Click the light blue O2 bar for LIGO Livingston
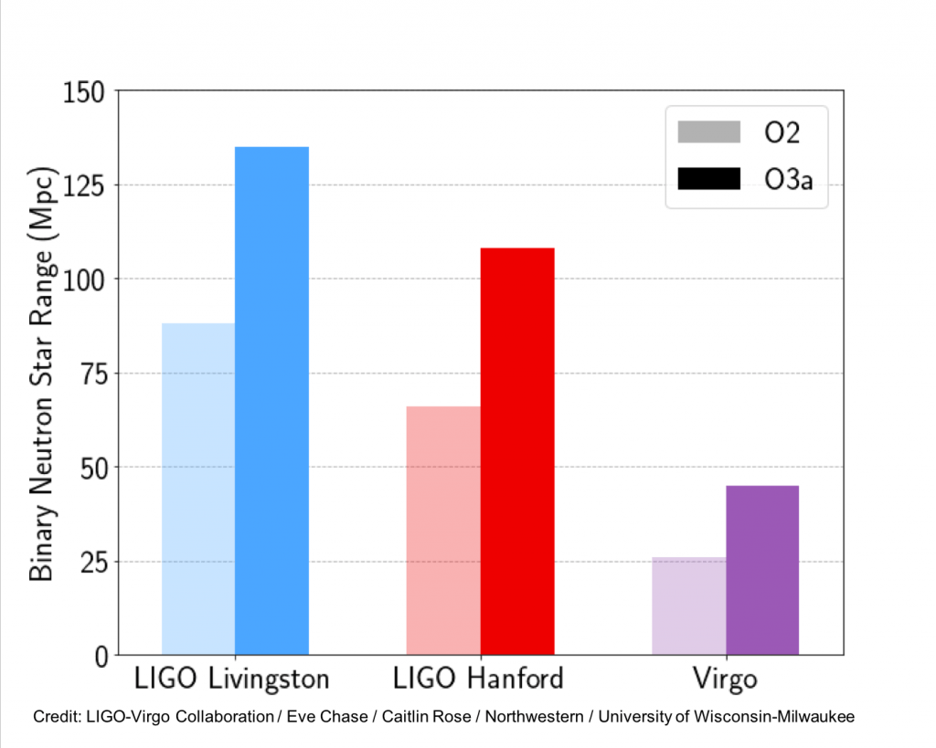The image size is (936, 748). click(x=198, y=489)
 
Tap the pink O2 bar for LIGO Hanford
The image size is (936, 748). click(x=443, y=530)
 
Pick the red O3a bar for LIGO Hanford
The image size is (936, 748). click(x=517, y=451)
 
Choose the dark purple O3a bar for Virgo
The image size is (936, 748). click(x=762, y=570)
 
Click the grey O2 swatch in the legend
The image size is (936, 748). click(x=708, y=132)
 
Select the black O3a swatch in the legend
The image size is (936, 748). click(x=708, y=179)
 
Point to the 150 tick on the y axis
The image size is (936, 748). click(x=84, y=92)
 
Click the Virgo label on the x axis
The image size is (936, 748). click(x=725, y=680)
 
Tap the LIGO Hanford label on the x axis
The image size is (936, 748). click(x=478, y=680)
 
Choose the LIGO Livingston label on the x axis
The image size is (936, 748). click(x=231, y=680)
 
